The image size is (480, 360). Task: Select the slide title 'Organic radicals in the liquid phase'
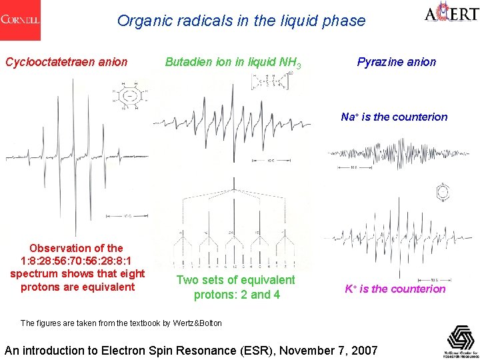click(241, 21)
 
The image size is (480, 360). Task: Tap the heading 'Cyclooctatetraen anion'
click(66, 62)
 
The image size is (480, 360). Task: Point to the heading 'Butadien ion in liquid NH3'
click(233, 63)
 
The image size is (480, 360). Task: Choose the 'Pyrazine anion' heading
click(396, 62)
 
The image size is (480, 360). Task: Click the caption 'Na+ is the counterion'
click(394, 117)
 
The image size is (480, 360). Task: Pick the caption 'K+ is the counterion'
click(395, 289)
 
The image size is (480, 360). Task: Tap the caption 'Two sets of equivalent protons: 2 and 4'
click(236, 287)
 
